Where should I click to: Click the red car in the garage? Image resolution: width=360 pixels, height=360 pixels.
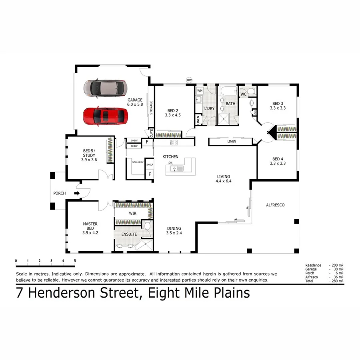[105, 116]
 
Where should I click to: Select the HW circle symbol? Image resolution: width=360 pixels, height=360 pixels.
[189, 80]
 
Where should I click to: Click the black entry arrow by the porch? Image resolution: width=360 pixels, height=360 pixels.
[77, 193]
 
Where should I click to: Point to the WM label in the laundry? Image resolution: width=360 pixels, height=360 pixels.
[200, 91]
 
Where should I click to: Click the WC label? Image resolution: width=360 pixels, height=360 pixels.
[243, 94]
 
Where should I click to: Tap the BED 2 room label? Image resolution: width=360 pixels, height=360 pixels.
[173, 110]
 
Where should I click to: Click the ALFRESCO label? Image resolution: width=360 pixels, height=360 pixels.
[275, 205]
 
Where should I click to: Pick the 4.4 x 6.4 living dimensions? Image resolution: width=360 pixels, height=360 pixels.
[224, 181]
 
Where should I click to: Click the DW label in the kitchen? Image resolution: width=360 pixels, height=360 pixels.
[170, 163]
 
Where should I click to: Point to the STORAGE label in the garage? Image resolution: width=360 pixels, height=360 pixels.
[151, 108]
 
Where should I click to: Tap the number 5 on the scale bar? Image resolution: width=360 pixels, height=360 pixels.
[75, 261]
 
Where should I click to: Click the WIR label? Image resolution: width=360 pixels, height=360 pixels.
[132, 213]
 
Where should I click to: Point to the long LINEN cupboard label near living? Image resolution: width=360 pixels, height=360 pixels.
[231, 142]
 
